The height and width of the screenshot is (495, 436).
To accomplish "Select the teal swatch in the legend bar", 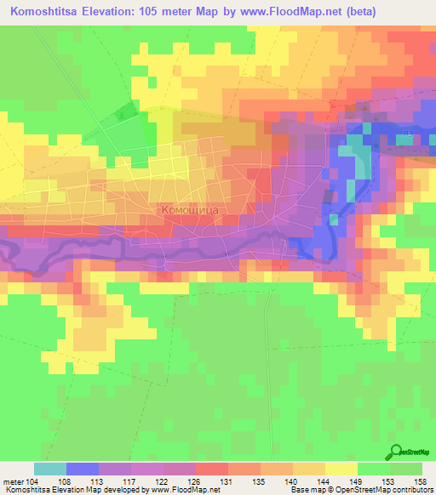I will [49, 469].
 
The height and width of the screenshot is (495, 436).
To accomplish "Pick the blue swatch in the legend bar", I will [82, 469].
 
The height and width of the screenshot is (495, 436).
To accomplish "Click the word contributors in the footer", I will [407, 490].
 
